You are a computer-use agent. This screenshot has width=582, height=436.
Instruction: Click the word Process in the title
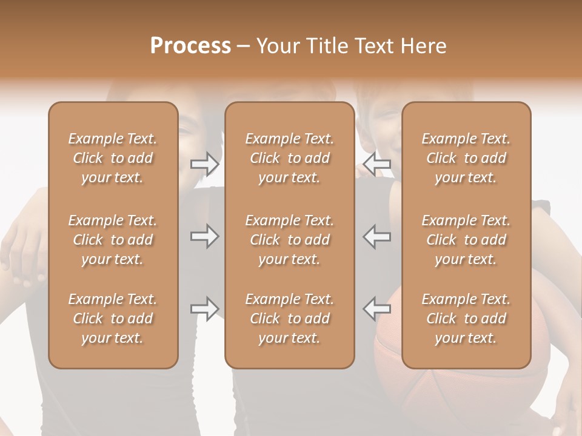pos(190,46)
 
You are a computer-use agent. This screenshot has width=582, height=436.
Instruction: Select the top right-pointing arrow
pos(205,163)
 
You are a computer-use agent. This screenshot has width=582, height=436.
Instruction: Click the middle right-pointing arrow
pos(205,236)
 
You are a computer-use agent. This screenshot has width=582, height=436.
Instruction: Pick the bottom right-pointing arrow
pos(205,309)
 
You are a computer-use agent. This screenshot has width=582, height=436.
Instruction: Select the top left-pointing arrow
pos(376,163)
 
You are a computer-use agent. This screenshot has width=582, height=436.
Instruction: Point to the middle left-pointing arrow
pos(376,236)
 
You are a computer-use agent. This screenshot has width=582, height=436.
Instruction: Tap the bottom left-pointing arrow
pos(376,309)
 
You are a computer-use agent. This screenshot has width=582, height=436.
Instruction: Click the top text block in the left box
pos(113,158)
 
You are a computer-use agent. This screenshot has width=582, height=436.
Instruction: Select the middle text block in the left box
pos(113,240)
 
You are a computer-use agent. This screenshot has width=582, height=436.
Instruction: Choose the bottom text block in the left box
pos(113,319)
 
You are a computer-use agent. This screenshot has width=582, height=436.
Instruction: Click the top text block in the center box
pos(290,158)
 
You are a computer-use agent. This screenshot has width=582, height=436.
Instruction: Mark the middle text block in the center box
pos(290,240)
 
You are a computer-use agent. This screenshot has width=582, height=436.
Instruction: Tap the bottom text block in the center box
pos(290,319)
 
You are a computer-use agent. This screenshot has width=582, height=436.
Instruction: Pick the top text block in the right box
pos(466,158)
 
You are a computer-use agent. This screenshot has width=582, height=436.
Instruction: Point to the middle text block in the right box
pos(466,240)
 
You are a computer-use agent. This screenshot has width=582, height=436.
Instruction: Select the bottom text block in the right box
pos(466,319)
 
